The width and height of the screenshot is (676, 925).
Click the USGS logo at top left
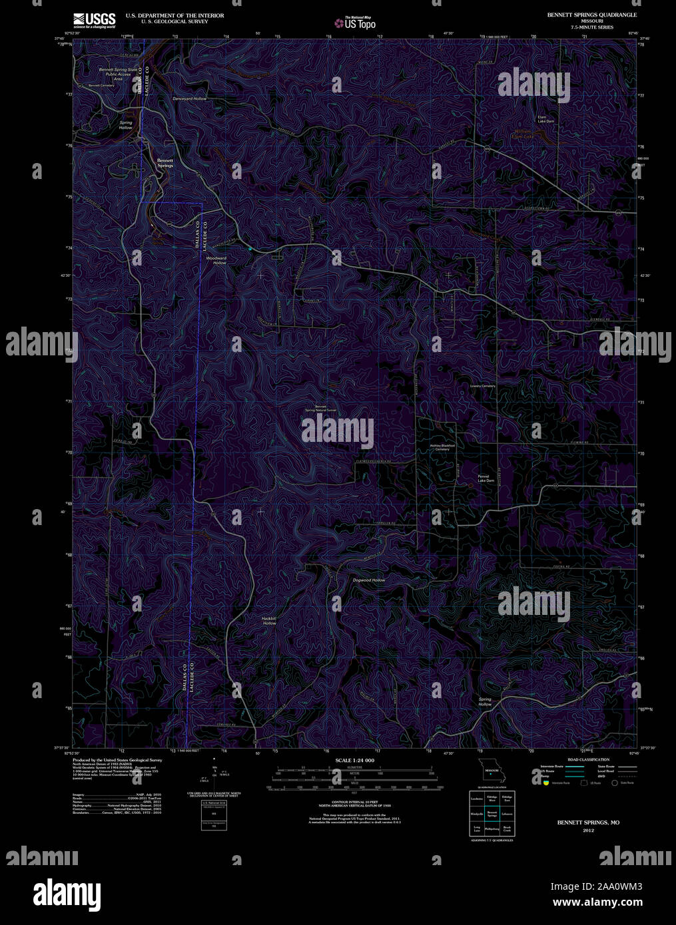tap(94, 19)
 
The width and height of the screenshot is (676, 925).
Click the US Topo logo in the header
tap(355, 24)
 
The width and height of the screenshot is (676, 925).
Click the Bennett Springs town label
tap(165, 163)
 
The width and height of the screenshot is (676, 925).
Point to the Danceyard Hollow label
tap(189, 98)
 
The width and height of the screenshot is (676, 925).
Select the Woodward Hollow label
tap(216, 260)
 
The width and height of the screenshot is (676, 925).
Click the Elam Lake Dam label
tap(546, 120)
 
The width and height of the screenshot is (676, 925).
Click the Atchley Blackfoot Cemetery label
tap(442, 447)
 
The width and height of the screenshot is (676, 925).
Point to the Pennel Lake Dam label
tap(486, 478)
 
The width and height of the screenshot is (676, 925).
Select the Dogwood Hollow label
tap(369, 580)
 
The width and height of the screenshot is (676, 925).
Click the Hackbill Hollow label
tap(269, 620)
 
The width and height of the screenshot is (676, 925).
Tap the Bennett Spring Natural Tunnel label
tap(321, 409)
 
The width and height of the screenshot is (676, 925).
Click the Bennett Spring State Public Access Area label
tap(118, 74)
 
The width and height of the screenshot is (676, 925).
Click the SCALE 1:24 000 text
tap(355, 760)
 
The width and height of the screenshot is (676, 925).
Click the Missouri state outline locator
tap(493, 773)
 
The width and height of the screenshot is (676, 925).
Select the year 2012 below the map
tap(588, 831)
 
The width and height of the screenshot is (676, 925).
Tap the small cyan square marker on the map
tap(250, 248)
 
